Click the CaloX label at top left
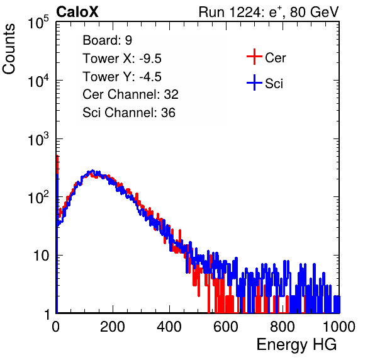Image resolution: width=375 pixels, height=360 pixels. pos(77,12)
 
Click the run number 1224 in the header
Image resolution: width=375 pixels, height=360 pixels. pos(246,12)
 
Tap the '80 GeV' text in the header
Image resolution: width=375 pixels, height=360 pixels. pos(314,12)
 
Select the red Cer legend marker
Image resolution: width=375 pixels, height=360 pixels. pos(254,57)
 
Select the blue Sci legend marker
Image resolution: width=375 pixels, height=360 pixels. pos(254,82)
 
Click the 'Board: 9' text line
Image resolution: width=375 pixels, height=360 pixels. pos(107,40)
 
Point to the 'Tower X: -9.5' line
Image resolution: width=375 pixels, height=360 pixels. pos(122,59)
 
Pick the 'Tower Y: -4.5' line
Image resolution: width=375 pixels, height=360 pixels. pos(122,77)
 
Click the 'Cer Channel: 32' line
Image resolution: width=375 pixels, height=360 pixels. pos(130,94)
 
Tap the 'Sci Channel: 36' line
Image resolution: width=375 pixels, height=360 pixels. pos(129,113)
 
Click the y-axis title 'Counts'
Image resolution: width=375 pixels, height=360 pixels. pos(9,49)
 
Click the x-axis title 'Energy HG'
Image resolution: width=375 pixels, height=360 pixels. pos(296,345)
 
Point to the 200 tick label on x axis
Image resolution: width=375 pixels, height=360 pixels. pos(113,327)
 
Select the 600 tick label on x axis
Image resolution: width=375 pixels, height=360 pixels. pos(226,327)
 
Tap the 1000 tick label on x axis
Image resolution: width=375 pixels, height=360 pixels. pos(339,327)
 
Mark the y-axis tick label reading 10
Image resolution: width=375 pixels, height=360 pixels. pos(41,256)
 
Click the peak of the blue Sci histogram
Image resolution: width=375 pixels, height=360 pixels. pos(92,171)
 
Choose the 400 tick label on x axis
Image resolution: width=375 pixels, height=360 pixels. pos(169,327)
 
